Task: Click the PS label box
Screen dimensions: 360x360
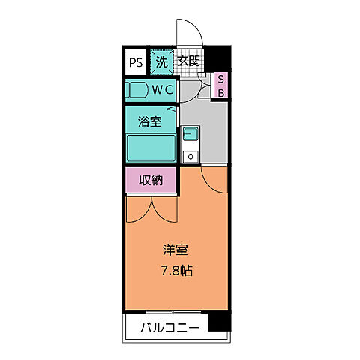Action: (x=136, y=61)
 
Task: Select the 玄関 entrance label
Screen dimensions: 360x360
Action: (x=189, y=61)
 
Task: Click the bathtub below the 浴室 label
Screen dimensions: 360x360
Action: (x=150, y=148)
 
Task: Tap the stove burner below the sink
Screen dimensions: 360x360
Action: (x=190, y=157)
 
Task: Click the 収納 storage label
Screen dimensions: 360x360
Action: (x=151, y=180)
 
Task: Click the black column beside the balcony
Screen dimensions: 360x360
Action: (x=217, y=323)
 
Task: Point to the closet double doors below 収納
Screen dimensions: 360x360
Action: (x=151, y=208)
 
